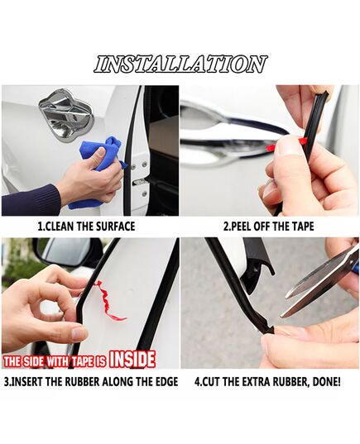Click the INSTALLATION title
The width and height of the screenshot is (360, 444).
pyautogui.click(x=180, y=64)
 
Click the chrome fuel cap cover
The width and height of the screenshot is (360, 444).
pyautogui.click(x=65, y=113)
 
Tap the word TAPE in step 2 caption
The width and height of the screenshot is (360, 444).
pyautogui.click(x=302, y=227)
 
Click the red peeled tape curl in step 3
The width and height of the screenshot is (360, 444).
pyautogui.click(x=109, y=301)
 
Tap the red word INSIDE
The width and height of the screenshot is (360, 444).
pyautogui.click(x=132, y=360)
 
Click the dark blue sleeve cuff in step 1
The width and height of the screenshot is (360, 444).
pyautogui.click(x=28, y=199)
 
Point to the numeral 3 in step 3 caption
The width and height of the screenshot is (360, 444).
pyautogui.click(x=7, y=382)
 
